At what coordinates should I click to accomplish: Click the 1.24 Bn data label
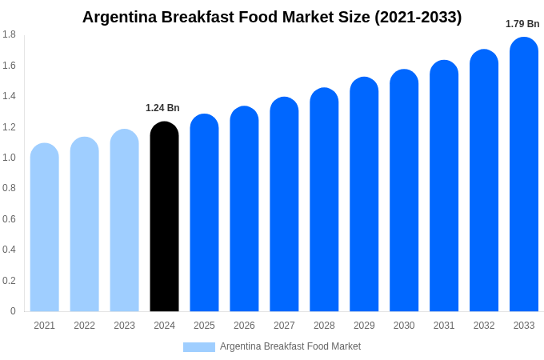(162, 108)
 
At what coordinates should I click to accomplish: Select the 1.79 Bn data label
(522, 24)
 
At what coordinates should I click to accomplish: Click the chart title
(272, 17)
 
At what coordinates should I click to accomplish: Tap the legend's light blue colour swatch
(198, 346)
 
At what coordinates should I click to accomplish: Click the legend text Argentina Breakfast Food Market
(290, 346)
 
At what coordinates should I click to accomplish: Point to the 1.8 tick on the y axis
(9, 34)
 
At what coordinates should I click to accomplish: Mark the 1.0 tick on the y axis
(9, 158)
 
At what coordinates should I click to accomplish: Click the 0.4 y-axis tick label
(9, 250)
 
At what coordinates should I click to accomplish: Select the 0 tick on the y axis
(13, 311)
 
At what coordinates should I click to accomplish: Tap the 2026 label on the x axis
(244, 326)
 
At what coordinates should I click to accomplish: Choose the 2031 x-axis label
(444, 326)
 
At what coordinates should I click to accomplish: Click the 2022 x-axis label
(84, 326)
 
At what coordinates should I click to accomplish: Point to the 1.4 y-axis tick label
(9, 96)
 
